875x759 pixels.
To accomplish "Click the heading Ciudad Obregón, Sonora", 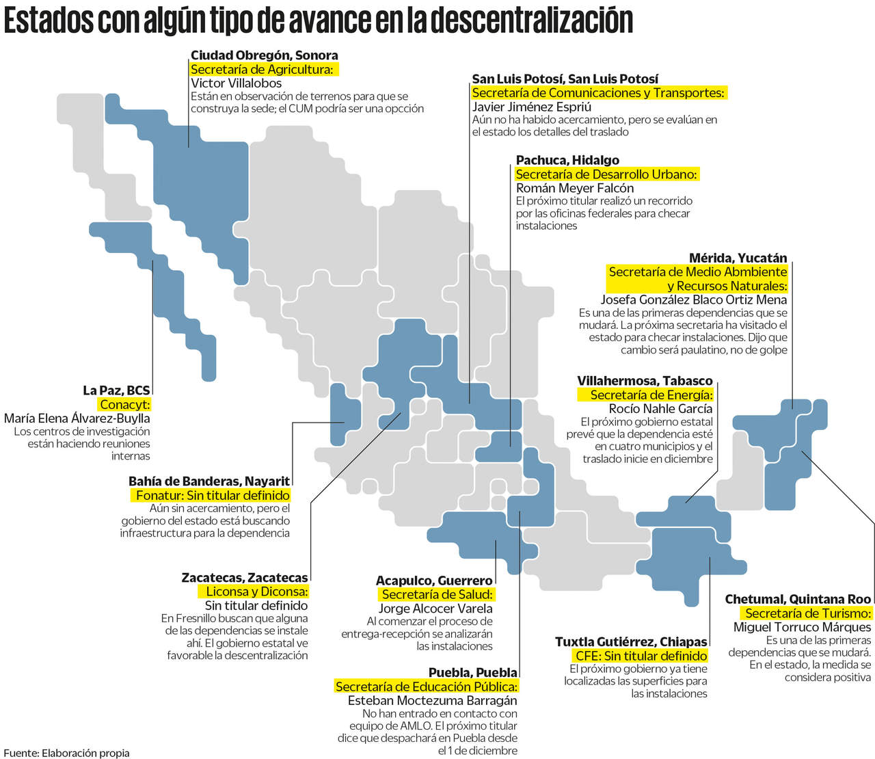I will pos(264,55).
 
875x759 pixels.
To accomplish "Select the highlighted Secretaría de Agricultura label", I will pos(262,69).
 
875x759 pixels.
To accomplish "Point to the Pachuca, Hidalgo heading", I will pos(567,161).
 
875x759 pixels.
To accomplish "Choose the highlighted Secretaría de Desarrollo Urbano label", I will pos(606,174).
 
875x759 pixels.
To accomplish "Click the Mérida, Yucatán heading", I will pos(738,258).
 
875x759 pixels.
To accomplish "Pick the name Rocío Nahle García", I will pos(660,408).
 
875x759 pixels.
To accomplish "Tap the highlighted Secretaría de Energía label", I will pos(651,395).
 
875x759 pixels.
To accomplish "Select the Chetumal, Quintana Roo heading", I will pos(798,600).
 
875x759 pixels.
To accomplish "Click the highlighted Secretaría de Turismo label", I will pos(808,613).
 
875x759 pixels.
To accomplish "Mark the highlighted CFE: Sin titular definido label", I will pos(641,656).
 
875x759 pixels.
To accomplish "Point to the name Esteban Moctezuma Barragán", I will pos(432,700).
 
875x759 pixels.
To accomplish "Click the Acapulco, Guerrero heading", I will pos(434,581).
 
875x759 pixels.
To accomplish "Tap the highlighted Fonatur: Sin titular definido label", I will pos(213,495).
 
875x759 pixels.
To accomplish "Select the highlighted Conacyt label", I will pos(124,404).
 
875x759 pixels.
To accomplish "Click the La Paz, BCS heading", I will pos(116,390).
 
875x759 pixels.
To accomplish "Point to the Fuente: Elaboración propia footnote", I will pos(66,753).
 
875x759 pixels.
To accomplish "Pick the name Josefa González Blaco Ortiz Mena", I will pos(693,299).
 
